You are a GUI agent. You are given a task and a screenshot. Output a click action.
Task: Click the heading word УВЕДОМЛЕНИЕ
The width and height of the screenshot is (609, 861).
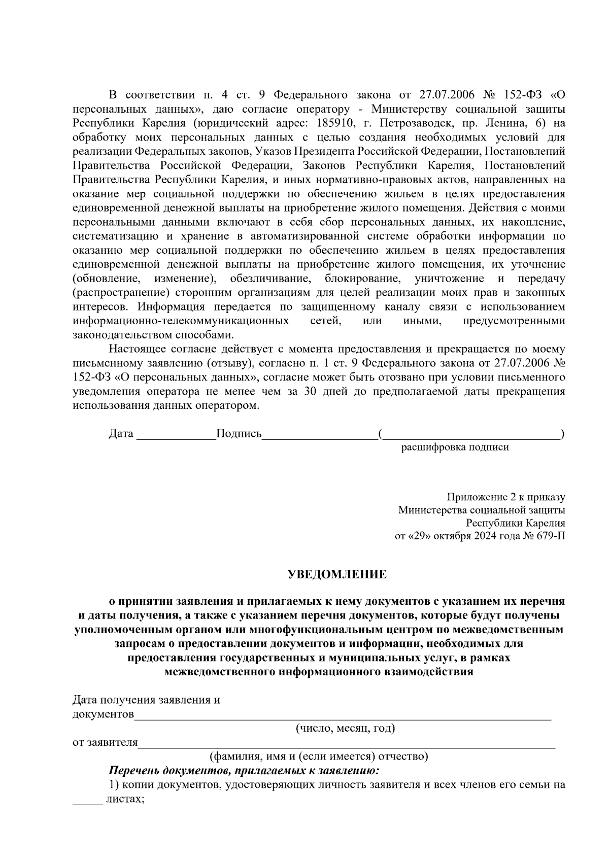pyautogui.click(x=337, y=574)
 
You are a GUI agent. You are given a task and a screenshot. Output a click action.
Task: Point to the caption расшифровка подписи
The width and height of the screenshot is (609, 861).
pyautogui.click(x=455, y=447)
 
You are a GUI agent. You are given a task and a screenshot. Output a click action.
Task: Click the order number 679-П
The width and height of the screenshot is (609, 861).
pyautogui.click(x=550, y=536)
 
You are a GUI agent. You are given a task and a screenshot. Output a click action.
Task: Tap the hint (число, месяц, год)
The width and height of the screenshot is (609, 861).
pyautogui.click(x=346, y=728)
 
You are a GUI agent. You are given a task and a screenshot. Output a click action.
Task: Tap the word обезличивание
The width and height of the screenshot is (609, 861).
pyautogui.click(x=270, y=279)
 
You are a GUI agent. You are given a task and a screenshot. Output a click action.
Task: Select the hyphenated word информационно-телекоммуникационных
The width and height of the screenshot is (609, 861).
pyautogui.click(x=181, y=321)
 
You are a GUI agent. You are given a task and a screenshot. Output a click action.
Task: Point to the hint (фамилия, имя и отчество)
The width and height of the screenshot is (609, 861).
pyautogui.click(x=319, y=756)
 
